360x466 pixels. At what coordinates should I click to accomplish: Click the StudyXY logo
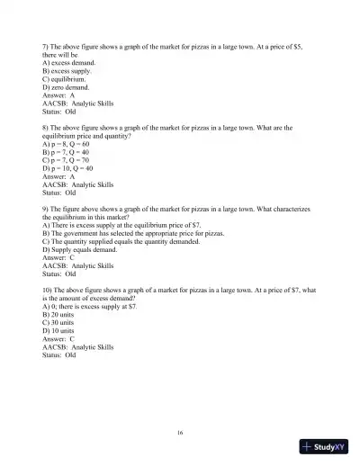click(x=325, y=447)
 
